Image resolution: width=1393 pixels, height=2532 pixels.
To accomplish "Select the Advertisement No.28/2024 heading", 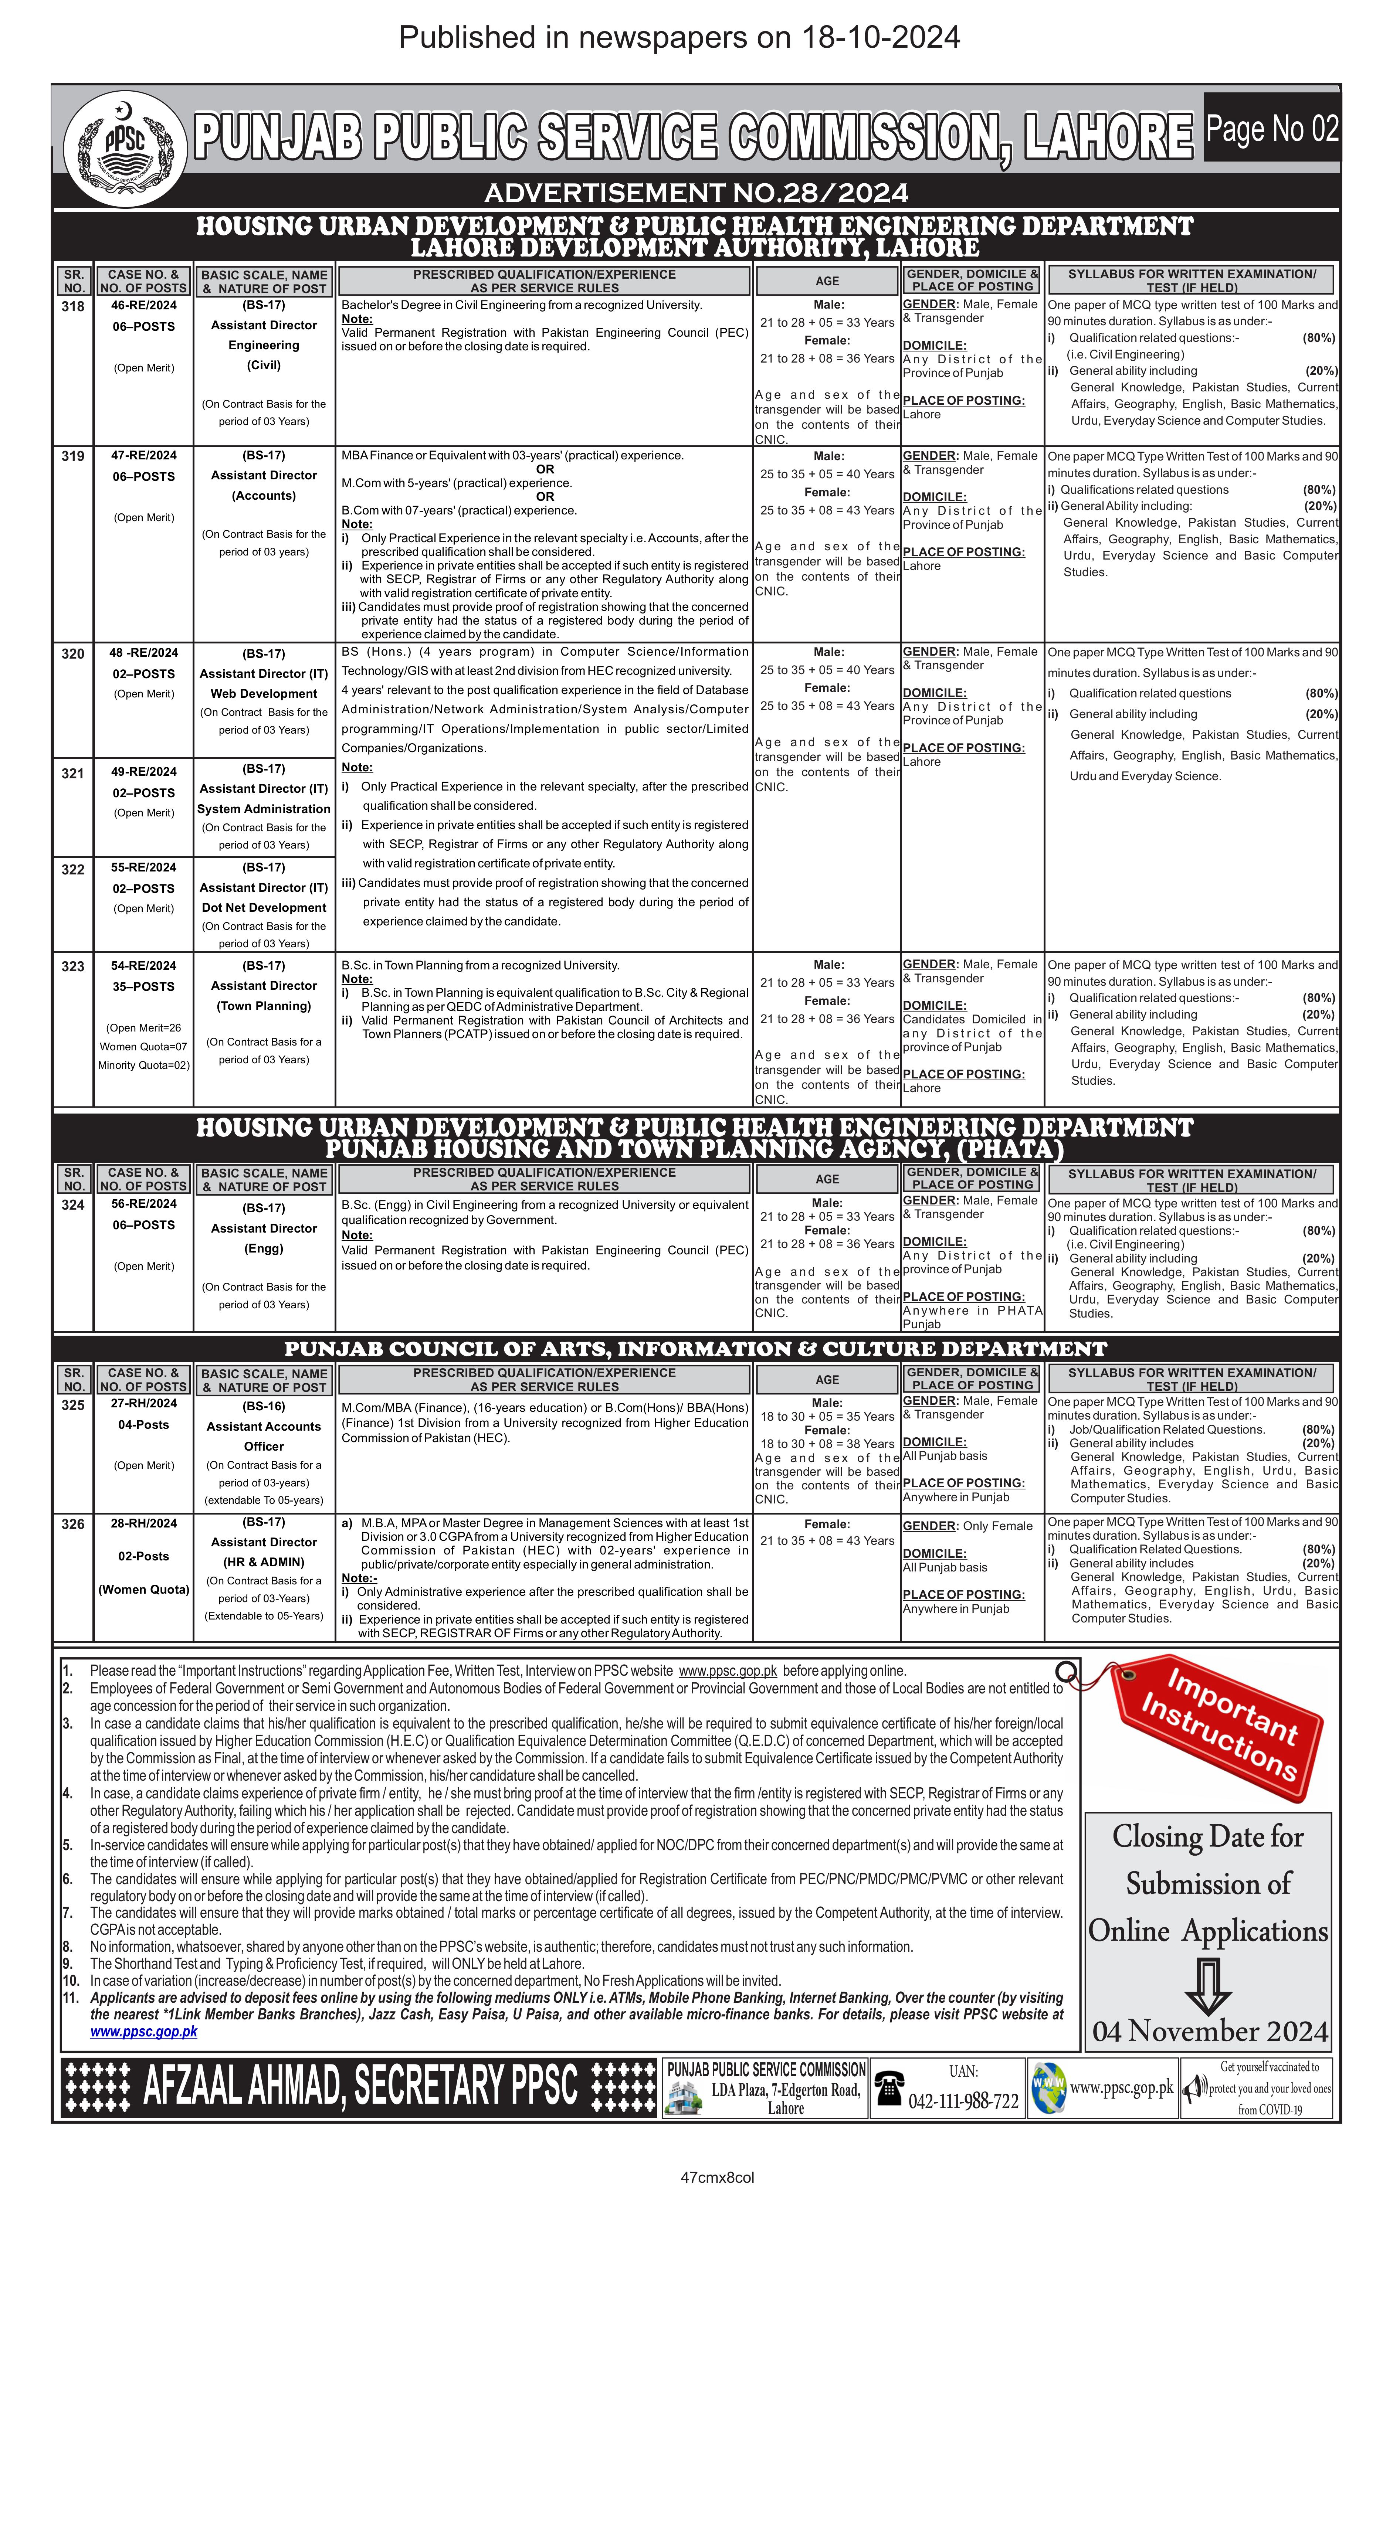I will point(696,193).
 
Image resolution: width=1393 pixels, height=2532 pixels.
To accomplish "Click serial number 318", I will point(73,306).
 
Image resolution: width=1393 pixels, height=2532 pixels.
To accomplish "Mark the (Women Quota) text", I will point(143,1589).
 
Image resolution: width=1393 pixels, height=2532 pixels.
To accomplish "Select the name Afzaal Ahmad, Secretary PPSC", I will point(360,2086).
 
